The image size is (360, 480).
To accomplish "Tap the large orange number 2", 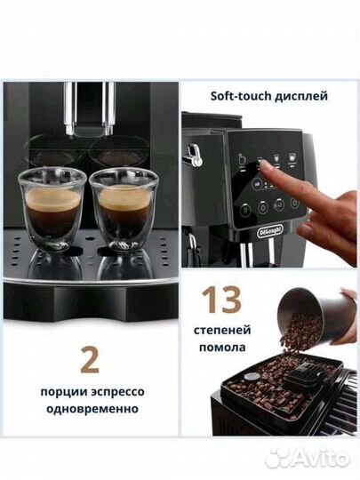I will tap(90, 360).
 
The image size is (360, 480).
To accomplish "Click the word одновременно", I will tap(89, 410).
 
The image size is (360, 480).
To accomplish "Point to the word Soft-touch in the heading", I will tap(242, 95).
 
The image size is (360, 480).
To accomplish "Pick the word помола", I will tap(222, 348).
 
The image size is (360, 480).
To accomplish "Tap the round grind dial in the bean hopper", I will tap(251, 376).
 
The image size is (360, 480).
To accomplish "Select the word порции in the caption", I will tap(62, 393).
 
